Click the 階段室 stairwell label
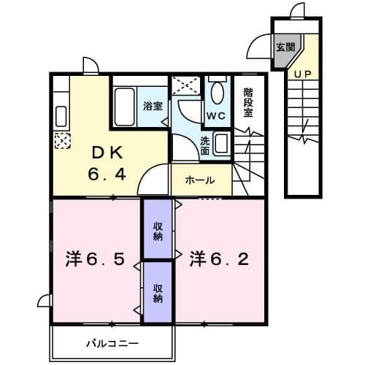(248, 103)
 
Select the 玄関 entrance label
(285, 47)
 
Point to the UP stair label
(301, 74)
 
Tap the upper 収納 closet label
(157, 231)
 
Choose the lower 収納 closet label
(157, 292)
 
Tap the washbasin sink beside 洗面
(223, 143)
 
